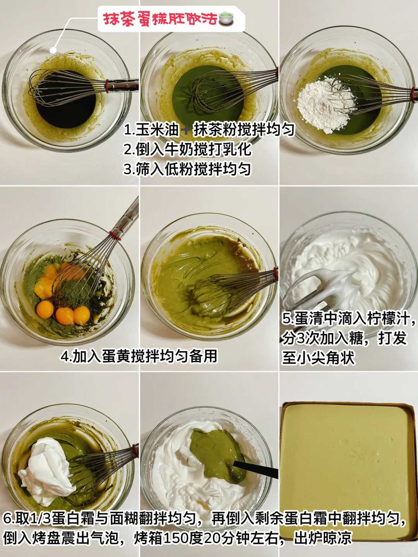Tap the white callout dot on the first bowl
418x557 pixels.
(53, 50)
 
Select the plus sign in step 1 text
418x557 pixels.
(186, 130)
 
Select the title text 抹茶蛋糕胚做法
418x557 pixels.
(160, 19)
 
